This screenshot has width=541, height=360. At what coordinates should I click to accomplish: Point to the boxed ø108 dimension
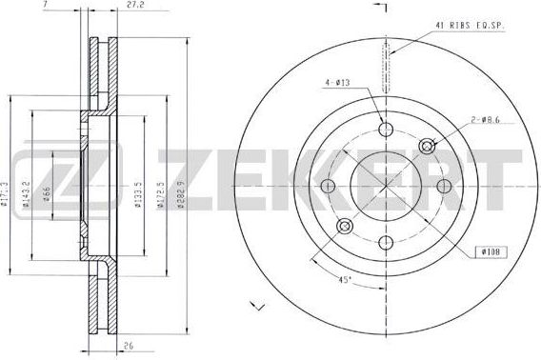[x=490, y=250]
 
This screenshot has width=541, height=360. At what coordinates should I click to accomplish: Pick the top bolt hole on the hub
[x=385, y=130]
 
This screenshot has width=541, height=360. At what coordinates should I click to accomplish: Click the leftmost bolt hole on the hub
[x=330, y=186]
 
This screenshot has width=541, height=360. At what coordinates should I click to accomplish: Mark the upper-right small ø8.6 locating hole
[x=428, y=146]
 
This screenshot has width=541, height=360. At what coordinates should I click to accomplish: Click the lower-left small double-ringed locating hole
[x=345, y=226]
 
